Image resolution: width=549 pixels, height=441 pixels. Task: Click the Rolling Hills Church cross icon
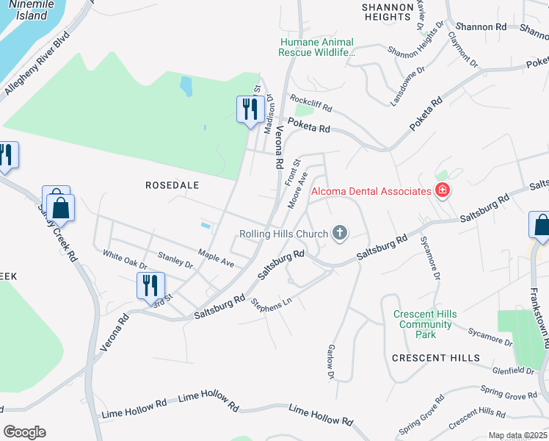click(x=339, y=234)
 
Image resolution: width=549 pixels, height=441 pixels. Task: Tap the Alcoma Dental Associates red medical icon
click(x=442, y=191)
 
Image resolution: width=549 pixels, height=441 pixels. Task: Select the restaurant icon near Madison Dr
click(x=250, y=110)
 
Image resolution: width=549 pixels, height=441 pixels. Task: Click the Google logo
click(x=24, y=432)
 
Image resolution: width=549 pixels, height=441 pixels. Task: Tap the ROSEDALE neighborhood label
click(x=172, y=185)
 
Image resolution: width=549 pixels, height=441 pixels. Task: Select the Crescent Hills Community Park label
click(x=425, y=324)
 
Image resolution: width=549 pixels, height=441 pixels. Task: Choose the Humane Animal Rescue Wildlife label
click(x=316, y=48)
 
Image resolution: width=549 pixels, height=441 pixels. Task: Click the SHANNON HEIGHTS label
click(x=386, y=11)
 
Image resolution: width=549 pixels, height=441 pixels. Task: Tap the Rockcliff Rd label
click(x=310, y=102)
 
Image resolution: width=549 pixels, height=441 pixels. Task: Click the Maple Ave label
click(x=216, y=259)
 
